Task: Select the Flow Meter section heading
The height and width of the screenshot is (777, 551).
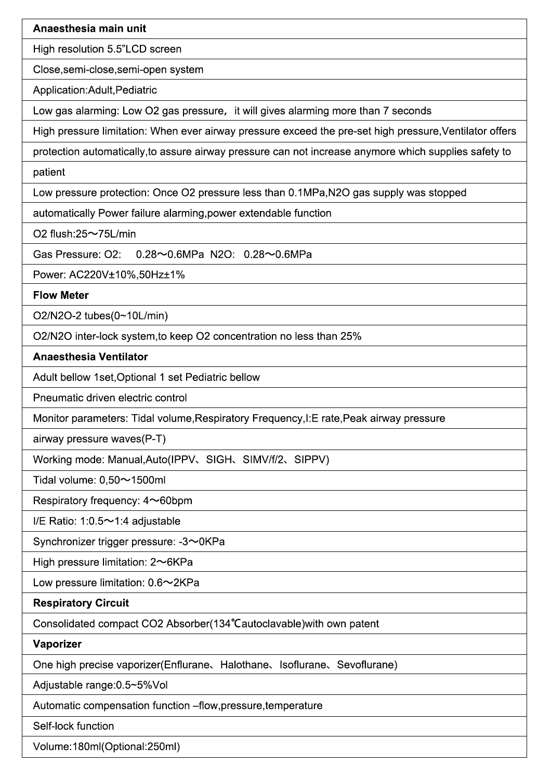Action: (61, 295)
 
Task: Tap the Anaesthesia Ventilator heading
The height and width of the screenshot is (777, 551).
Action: (90, 357)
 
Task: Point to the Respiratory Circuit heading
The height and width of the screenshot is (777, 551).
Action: (81, 603)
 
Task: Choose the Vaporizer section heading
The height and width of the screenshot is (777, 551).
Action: (57, 644)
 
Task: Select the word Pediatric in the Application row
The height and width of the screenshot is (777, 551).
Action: (136, 90)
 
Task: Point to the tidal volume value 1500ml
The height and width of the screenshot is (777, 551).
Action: (148, 480)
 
